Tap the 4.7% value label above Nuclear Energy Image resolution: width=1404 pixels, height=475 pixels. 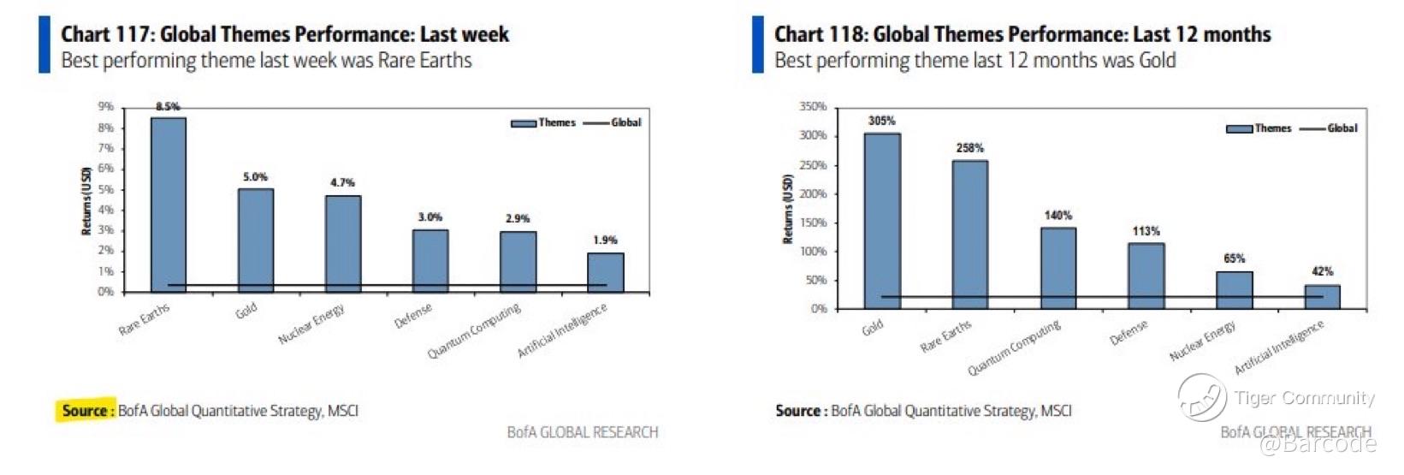342,182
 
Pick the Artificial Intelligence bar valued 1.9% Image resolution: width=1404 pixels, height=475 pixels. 605,272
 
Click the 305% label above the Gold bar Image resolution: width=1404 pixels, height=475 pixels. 881,121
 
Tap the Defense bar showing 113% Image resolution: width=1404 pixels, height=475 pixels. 1146,276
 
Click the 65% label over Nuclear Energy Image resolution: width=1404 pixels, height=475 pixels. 1234,258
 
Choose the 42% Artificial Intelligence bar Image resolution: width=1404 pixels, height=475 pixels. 1322,296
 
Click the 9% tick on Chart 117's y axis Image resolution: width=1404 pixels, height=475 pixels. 105,107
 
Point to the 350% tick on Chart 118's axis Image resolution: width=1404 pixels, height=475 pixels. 813,107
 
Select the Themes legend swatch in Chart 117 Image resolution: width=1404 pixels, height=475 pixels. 523,123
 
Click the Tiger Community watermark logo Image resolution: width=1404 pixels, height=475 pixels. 1201,397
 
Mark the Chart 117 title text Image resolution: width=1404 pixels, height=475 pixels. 285,34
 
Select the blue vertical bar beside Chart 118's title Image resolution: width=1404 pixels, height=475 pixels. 758,45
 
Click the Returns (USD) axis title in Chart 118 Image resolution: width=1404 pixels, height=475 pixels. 788,209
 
